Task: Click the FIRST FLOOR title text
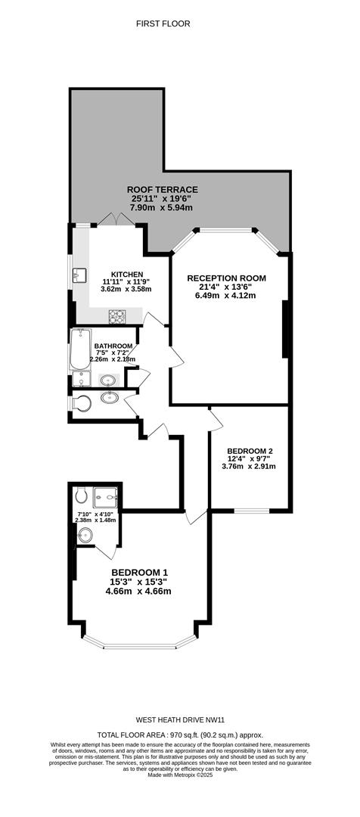coord(163,23)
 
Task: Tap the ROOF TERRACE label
coord(162,190)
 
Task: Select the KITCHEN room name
coord(127,275)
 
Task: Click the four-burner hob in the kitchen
coord(117,315)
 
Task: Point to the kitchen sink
coord(80,275)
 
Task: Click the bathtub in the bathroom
coord(80,349)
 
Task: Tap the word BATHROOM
coord(113,346)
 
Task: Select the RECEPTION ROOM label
coord(227,278)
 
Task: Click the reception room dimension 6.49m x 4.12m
coord(227,295)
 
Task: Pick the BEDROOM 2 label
coord(250,451)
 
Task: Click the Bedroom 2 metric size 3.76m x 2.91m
coord(249,466)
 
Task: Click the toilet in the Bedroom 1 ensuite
coord(80,494)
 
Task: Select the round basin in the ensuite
coord(85,535)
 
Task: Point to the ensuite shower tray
coord(106,497)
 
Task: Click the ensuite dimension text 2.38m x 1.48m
coord(98,520)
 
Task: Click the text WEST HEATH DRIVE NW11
coord(180,720)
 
